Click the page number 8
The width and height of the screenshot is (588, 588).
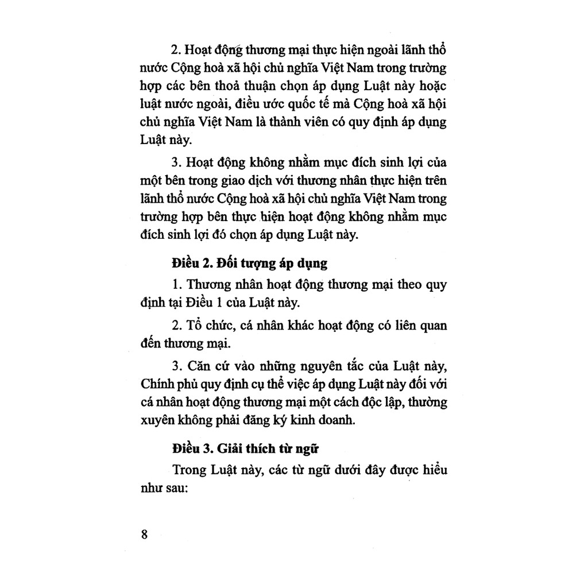(x=144, y=533)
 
